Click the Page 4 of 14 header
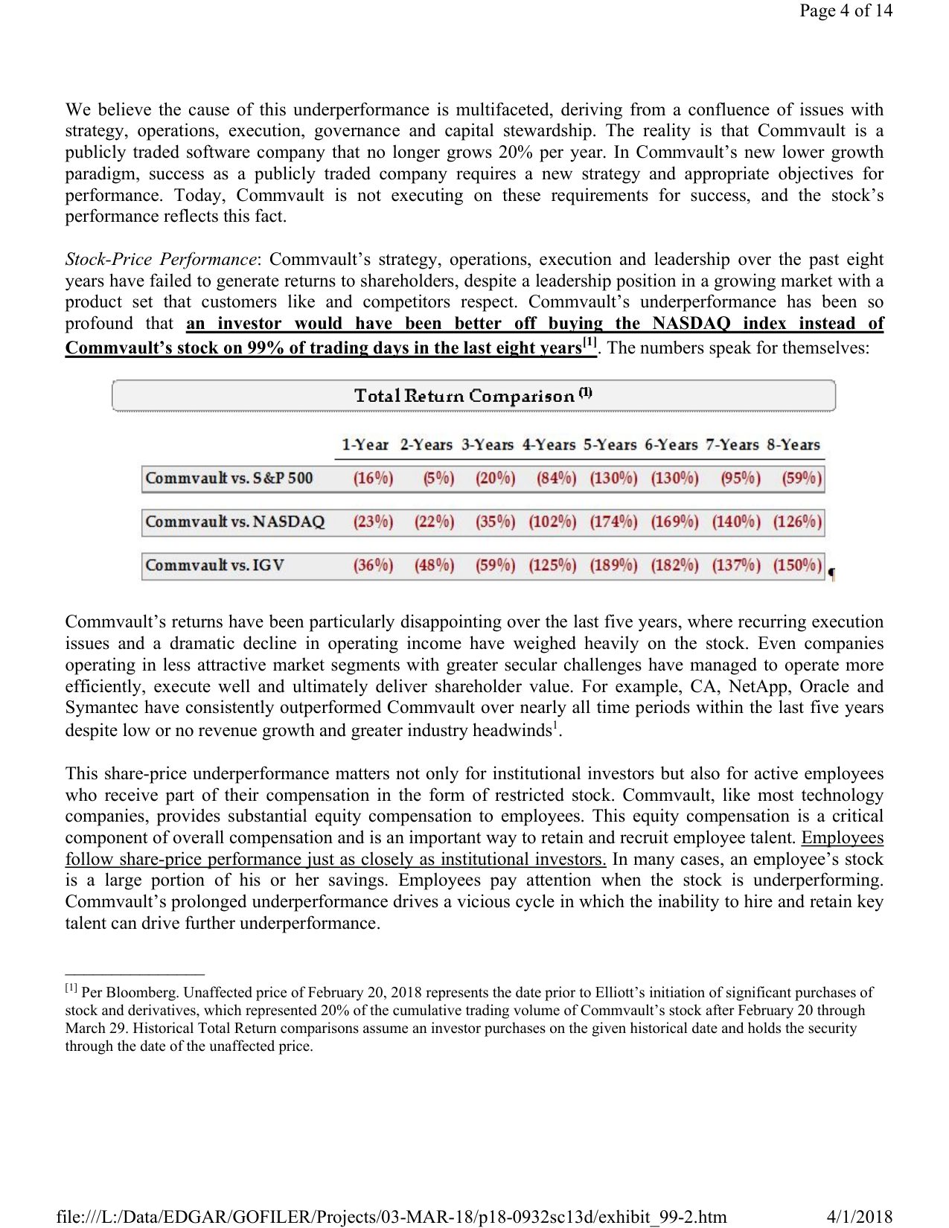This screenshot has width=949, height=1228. point(846,10)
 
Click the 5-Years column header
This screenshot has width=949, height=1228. point(610,445)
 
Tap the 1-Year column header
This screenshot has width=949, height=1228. point(365,445)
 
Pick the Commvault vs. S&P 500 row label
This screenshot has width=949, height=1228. point(229,478)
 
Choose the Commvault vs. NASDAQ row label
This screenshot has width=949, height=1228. point(235,522)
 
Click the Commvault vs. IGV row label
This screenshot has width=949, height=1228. point(215,565)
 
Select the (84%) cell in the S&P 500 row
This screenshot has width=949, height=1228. point(556,478)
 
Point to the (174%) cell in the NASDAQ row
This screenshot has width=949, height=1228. point(613,522)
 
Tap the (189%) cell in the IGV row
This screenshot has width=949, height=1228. point(613,565)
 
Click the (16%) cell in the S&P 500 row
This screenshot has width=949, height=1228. point(373,478)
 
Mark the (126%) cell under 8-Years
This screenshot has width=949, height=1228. point(797,522)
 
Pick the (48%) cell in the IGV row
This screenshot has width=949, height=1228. point(434,565)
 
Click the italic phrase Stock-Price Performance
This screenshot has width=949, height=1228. point(160,260)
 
